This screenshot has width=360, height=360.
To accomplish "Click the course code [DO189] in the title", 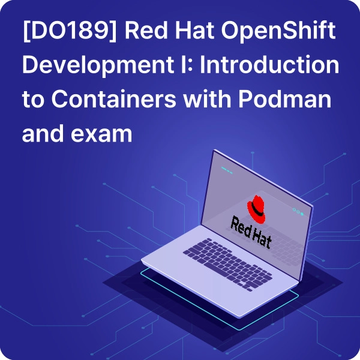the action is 70,31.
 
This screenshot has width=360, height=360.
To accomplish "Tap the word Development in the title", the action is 98,65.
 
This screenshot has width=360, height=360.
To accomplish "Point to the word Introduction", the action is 269,64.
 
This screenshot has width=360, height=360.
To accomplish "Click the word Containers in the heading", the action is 114,99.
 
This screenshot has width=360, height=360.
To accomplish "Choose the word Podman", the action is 285,99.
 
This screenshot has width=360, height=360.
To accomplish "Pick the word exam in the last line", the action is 101,134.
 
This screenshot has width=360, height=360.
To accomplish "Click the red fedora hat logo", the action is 256,209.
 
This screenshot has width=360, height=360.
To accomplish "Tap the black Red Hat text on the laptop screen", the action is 251,232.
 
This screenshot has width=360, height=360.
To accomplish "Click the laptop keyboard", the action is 228,265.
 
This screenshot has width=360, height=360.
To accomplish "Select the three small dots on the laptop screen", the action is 298,211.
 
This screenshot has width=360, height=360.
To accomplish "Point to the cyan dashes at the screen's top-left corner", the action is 227,170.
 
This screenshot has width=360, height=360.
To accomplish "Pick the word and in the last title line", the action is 43,133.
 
